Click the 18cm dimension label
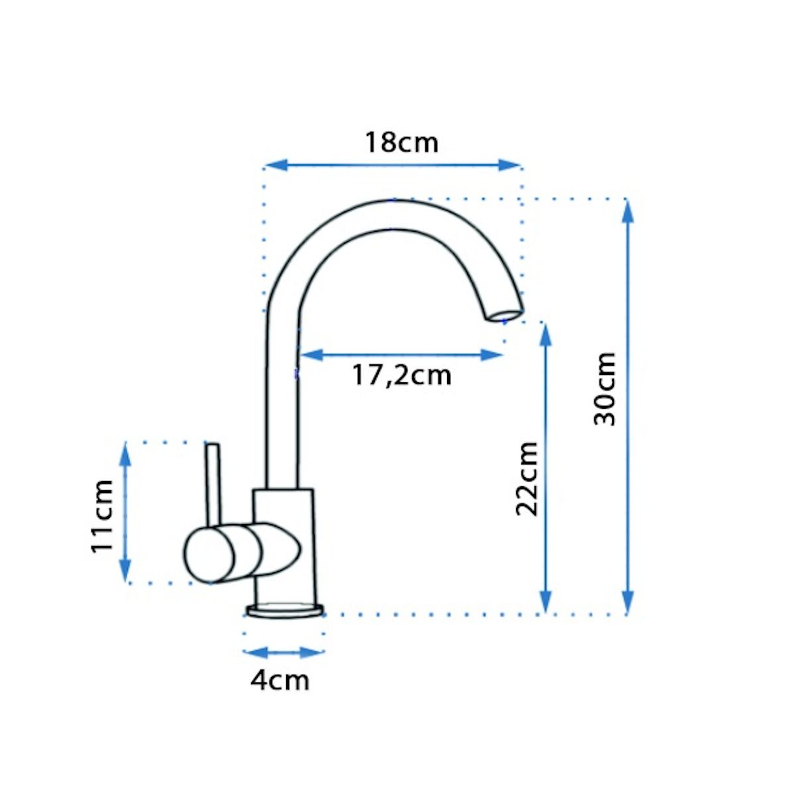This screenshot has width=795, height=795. [401, 142]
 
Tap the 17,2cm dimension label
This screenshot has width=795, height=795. [401, 376]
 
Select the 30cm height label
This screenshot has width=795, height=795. [604, 389]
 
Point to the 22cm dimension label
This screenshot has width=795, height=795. [527, 479]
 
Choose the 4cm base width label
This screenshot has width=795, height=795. [280, 681]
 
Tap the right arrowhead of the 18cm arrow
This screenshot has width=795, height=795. [510, 165]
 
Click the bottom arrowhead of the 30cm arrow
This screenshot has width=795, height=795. [627, 602]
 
